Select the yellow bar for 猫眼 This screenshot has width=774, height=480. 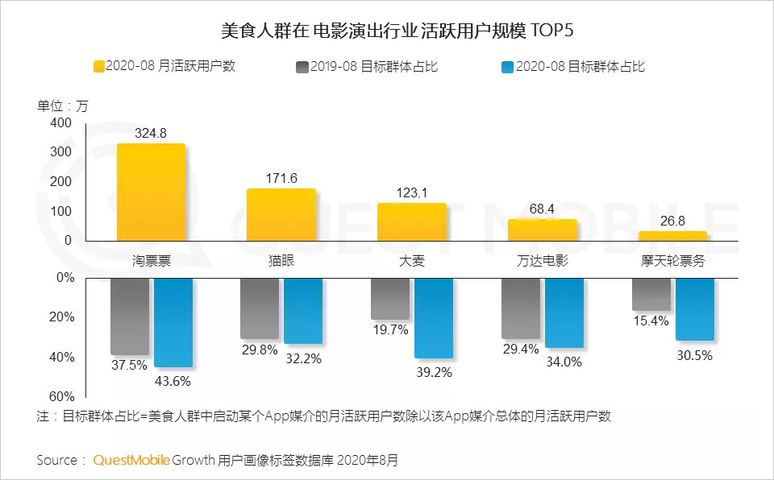(281, 214)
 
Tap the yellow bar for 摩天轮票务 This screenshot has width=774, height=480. (672, 236)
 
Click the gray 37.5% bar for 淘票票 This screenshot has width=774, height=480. (130, 316)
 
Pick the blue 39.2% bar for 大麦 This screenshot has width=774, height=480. (433, 317)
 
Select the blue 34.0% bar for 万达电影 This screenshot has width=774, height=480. (564, 312)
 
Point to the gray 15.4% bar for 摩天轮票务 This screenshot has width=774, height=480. (651, 294)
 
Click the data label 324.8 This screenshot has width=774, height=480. (151, 134)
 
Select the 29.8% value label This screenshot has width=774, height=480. (260, 350)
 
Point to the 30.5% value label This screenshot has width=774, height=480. (695, 355)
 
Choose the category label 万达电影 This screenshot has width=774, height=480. (542, 262)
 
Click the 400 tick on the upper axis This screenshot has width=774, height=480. (61, 122)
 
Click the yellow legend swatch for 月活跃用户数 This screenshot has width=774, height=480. (101, 67)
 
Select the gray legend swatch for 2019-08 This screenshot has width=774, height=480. (302, 67)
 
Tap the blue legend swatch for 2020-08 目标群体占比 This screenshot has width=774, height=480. (506, 67)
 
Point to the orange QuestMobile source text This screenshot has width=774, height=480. (131, 461)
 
